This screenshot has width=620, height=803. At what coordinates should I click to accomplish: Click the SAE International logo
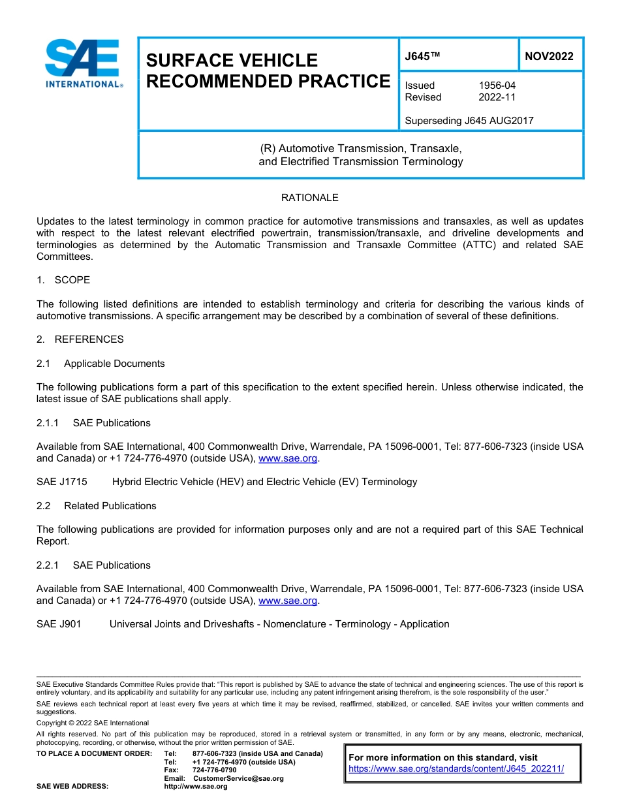83,64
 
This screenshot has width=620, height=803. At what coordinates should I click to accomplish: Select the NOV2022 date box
549,56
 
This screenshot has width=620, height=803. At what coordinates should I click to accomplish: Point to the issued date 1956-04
497,86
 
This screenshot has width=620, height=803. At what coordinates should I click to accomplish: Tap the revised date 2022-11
497,97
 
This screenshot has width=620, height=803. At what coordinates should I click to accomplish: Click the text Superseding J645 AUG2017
469,121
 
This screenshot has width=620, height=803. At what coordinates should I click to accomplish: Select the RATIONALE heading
309,197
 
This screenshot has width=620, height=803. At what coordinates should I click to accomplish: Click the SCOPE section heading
72,280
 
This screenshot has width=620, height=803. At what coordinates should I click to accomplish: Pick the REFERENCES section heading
89,339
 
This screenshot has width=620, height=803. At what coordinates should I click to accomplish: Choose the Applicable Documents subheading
114,364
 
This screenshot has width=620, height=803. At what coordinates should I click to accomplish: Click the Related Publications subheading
110,506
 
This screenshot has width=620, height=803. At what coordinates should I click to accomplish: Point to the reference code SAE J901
59,624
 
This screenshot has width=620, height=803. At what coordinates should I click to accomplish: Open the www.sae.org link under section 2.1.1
288,459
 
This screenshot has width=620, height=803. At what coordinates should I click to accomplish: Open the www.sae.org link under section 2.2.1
288,601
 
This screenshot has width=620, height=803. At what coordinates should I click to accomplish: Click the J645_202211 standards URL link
456,769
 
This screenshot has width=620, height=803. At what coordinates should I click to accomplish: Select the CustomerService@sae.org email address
238,778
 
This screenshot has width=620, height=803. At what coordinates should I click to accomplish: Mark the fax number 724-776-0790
215,770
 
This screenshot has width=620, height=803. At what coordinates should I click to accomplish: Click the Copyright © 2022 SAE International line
93,723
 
